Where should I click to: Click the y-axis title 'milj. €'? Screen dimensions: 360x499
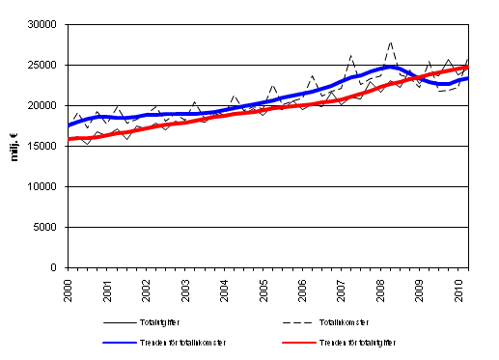[x=14, y=145]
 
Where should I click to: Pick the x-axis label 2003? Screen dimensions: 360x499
[x=185, y=289]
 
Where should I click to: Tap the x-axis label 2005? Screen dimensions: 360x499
[x=263, y=289]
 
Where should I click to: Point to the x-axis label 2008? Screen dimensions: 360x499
[x=381, y=289]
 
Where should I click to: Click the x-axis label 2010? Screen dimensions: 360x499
[x=459, y=289]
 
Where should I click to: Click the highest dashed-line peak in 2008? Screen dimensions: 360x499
[x=390, y=42]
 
